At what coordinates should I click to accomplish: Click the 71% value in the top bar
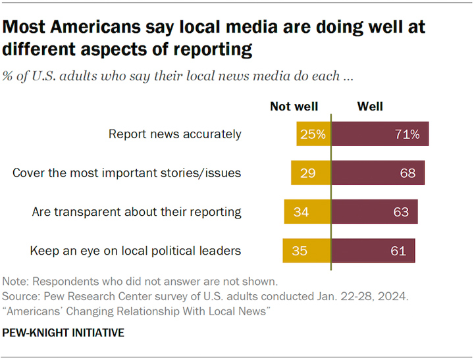pos(408,134)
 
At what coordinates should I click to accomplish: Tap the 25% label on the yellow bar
pos(313,134)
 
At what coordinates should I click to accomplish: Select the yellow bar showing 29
pos(311,172)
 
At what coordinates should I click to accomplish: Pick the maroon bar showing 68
pos(378,172)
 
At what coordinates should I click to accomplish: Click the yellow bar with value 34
pos(307,211)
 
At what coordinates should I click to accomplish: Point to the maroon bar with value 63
pos(375,211)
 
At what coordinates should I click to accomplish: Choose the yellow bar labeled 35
pos(307,251)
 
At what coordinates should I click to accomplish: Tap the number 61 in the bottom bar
pos(398,251)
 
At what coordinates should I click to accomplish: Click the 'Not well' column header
pos(294,107)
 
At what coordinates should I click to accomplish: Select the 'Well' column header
pos(370,107)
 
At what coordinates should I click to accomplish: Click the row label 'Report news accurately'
pos(174,134)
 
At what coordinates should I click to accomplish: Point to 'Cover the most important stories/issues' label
pos(126,173)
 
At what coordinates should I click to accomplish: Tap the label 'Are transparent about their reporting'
pos(137,212)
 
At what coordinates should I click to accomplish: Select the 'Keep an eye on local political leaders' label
pos(136,251)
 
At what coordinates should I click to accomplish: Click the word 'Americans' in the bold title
pos(95,26)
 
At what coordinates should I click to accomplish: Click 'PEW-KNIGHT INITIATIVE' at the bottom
pos(63,333)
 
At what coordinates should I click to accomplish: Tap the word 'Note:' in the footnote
pos(15,282)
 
